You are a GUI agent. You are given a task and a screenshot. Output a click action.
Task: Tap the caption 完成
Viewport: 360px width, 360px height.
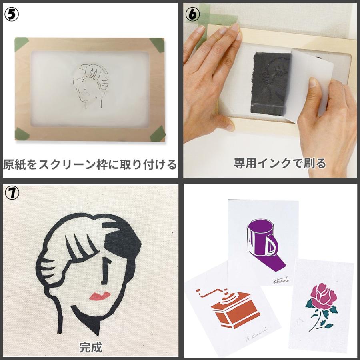click(x=90, y=346)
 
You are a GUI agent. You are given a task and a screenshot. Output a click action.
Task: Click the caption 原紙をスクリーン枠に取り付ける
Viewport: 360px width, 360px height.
click(x=90, y=164)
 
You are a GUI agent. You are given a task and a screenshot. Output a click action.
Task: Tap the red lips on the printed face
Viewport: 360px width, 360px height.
click(x=100, y=296)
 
